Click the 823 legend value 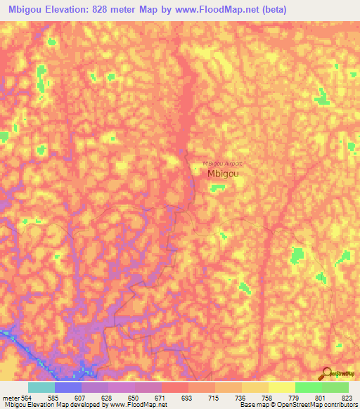(x=348, y=397)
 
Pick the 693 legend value (x=188, y=397)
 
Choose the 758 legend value (x=268, y=397)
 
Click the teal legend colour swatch (x=41, y=387)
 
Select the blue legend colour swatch (x=68, y=387)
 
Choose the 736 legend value (x=241, y=397)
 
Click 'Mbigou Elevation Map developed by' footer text (x=49, y=405)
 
